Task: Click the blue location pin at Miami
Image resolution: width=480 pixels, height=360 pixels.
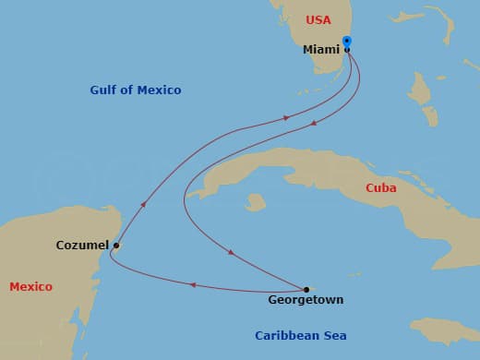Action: (x=346, y=42)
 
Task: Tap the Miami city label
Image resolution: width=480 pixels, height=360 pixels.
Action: (x=321, y=50)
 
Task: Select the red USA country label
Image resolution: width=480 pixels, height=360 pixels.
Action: (x=318, y=19)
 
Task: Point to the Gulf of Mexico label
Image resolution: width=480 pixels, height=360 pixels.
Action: (x=136, y=90)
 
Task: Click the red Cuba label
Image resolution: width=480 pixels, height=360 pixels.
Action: (x=381, y=187)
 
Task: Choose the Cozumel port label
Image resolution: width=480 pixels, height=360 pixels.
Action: (x=81, y=246)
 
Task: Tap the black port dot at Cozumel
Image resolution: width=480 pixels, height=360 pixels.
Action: (x=115, y=246)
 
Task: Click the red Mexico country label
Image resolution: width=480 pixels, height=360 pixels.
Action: (x=30, y=287)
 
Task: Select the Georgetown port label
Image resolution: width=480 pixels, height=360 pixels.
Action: (x=306, y=300)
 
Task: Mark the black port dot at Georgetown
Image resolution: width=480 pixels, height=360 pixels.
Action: (x=306, y=289)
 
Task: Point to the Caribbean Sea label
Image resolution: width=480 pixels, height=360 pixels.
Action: (x=301, y=336)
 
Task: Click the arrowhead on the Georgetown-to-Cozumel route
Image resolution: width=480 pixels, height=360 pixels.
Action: (x=191, y=285)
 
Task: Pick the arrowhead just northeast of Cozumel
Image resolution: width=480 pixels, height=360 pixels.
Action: (x=143, y=204)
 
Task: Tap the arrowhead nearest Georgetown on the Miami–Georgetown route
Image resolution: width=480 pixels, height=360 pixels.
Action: (x=231, y=252)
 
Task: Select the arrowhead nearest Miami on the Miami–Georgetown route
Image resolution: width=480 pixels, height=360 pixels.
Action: (x=314, y=123)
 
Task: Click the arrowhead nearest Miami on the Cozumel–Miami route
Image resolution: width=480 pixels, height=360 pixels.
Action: (x=286, y=117)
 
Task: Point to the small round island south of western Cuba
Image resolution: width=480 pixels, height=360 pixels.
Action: (x=256, y=202)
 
